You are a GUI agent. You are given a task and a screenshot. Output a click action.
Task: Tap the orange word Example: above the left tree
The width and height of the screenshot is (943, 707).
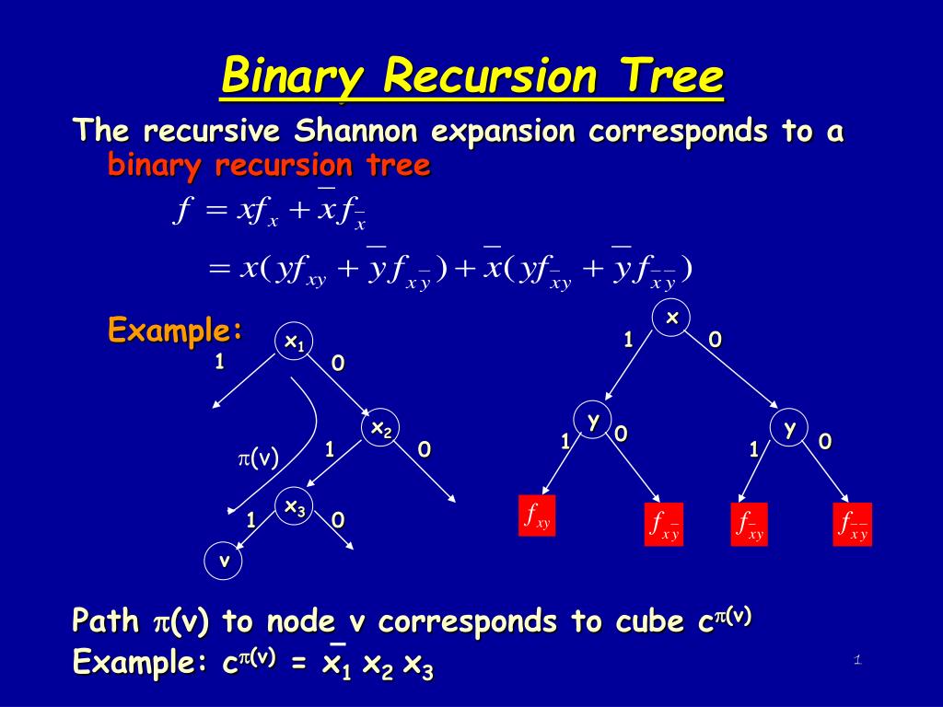pyautogui.click(x=175, y=329)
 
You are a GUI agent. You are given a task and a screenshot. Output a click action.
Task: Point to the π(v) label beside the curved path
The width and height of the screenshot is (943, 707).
pyautogui.click(x=259, y=457)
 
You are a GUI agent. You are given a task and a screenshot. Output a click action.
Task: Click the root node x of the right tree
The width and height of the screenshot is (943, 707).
pyautogui.click(x=671, y=318)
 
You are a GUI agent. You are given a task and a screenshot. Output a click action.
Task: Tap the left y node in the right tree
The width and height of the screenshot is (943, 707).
pyautogui.click(x=594, y=420)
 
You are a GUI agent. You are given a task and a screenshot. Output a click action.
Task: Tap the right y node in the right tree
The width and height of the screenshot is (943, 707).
pyautogui.click(x=789, y=428)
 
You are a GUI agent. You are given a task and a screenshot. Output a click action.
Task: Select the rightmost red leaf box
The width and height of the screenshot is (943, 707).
pyautogui.click(x=852, y=525)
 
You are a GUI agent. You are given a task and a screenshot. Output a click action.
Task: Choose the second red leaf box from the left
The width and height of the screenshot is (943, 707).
pyautogui.click(x=663, y=525)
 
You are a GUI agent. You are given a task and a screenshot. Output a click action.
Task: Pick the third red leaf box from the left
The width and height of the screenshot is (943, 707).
pyautogui.click(x=749, y=525)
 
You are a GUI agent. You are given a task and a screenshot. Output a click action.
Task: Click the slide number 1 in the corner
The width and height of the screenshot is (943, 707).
pyautogui.click(x=856, y=659)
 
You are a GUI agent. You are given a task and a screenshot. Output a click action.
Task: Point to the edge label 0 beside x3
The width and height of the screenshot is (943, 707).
pyautogui.click(x=338, y=520)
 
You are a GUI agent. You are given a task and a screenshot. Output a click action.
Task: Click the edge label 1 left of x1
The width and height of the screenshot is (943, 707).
pyautogui.click(x=219, y=362)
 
